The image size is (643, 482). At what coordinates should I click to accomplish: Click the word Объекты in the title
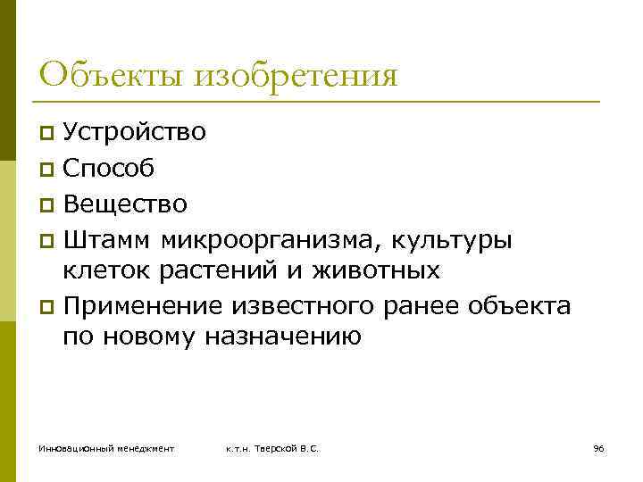click(99, 74)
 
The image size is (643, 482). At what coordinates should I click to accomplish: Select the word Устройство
click(134, 133)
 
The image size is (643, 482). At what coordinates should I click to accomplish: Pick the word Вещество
click(125, 204)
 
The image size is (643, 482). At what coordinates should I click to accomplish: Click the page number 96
click(598, 447)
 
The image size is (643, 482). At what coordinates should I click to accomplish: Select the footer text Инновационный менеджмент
click(106, 447)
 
